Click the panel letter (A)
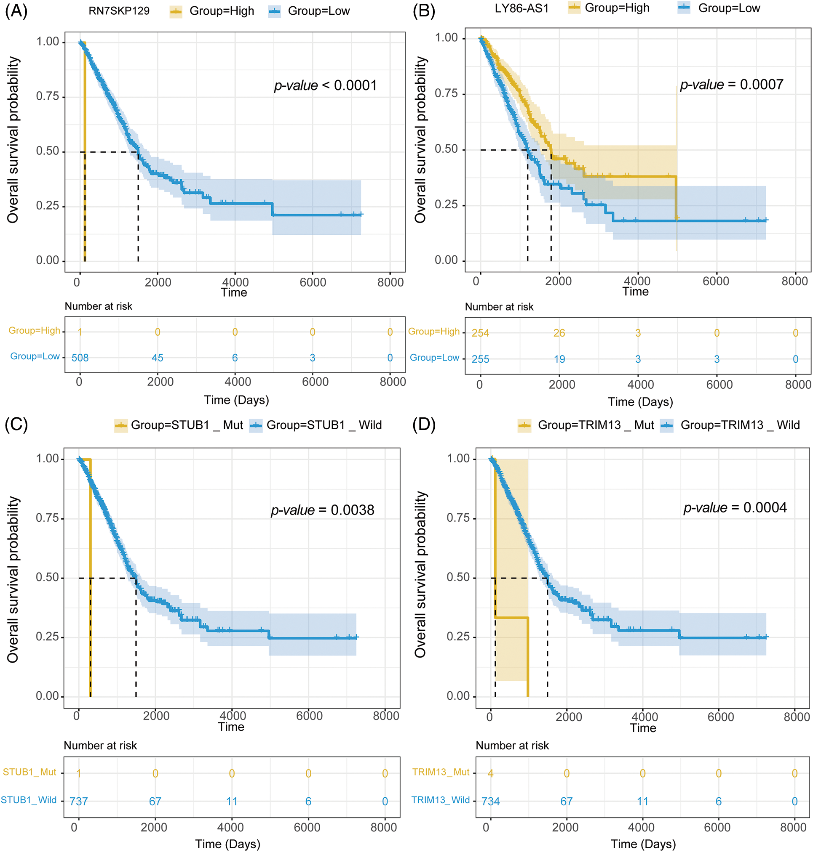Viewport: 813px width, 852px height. pos(16,11)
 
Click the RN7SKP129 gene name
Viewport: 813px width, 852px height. pos(119,11)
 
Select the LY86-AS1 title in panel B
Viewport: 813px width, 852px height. pos(521,8)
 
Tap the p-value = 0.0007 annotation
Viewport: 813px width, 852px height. pos(731,85)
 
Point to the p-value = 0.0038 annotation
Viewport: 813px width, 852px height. pos(322,510)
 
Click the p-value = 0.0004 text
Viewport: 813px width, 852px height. pos(735,507)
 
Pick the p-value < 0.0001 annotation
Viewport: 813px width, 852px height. pos(325,85)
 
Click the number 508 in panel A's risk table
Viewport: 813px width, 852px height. pos(80,358)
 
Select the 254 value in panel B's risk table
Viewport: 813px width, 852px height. pos(480,333)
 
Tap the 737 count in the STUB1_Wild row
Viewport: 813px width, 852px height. pos(79,802)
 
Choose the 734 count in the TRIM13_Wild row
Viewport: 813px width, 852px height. pos(491,802)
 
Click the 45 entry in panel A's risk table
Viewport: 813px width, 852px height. pos(157,358)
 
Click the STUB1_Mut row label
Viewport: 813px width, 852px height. pos(29,772)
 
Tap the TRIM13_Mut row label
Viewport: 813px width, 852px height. pos(441,772)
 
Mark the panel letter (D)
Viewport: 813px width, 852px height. pos(423,425)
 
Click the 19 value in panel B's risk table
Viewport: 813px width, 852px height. pos(559,359)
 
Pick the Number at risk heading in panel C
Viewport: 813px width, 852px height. pos(100,746)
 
